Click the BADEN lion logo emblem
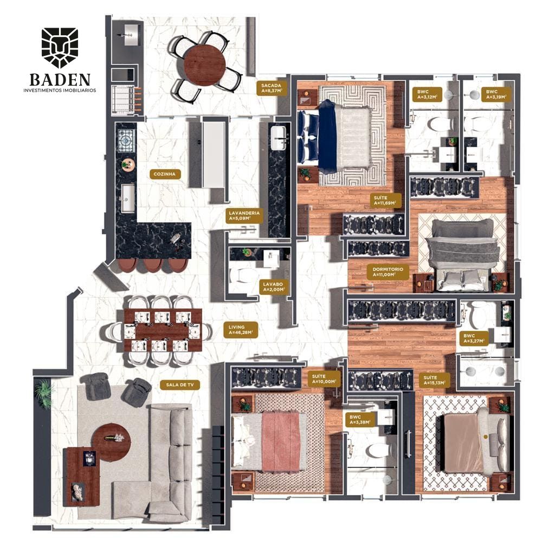pyautogui.click(x=60, y=48)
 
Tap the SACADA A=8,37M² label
pyautogui.click(x=272, y=88)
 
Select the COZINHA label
pyautogui.click(x=165, y=174)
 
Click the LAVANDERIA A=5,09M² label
pyautogui.click(x=244, y=216)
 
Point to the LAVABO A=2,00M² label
pyautogui.click(x=273, y=287)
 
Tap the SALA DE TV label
pyautogui.click(x=180, y=384)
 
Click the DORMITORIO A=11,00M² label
pyautogui.click(x=388, y=272)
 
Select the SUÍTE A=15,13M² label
pyautogui.click(x=434, y=380)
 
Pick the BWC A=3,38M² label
pyautogui.click(x=360, y=420)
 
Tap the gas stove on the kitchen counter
pyautogui.click(x=126, y=140)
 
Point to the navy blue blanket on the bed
pyautogui.click(x=327, y=137)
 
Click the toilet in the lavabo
pyautogui.click(x=243, y=275)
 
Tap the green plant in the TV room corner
pyautogui.click(x=44, y=394)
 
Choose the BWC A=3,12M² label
pyautogui.click(x=428, y=94)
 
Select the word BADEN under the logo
pyautogui.click(x=60, y=80)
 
